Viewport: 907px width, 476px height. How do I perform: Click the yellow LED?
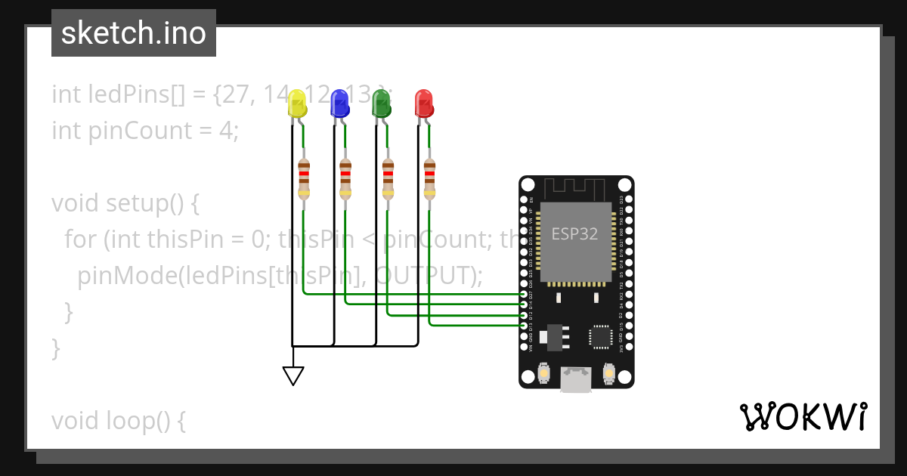(x=298, y=103)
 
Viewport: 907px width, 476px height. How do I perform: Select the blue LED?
(x=340, y=103)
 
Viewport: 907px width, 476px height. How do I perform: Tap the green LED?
(x=382, y=103)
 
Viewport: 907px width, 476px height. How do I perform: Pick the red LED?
(x=424, y=103)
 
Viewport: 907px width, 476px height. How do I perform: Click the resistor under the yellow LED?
(x=304, y=178)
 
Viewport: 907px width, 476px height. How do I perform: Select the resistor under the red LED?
(x=430, y=178)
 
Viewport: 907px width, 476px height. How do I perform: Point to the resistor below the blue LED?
(x=345, y=178)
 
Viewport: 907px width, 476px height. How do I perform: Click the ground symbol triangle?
(x=293, y=376)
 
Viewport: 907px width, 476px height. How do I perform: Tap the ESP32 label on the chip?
(x=574, y=233)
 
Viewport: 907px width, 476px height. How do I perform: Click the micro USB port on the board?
(x=576, y=380)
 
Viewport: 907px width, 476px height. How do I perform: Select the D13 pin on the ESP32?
(x=524, y=324)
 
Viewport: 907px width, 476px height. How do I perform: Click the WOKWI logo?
(x=803, y=416)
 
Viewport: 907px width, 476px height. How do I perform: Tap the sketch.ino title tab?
(x=134, y=33)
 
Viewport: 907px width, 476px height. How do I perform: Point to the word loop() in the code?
(x=149, y=421)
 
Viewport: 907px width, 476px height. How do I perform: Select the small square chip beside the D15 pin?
(x=602, y=337)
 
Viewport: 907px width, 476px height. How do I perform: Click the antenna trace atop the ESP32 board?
(x=576, y=187)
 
